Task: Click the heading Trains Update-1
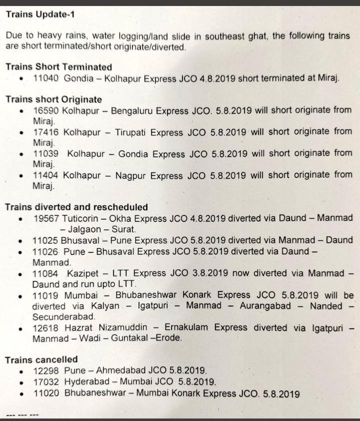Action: [40, 14]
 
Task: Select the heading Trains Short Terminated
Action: [58, 66]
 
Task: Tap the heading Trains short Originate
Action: [53, 99]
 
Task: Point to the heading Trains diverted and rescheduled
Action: [76, 207]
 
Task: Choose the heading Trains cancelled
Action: [41, 359]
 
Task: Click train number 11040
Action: [46, 78]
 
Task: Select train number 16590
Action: [45, 110]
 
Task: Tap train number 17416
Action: [45, 132]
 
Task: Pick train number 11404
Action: [45, 175]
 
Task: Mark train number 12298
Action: [46, 371]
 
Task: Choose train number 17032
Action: [46, 382]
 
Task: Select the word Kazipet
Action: [82, 274]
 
